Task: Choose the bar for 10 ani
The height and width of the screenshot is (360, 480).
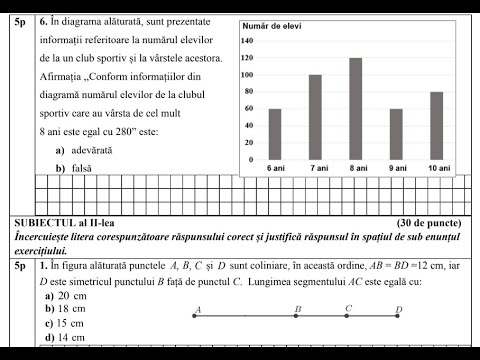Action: pyautogui.click(x=435, y=124)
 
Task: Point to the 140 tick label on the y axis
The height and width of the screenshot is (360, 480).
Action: pyautogui.click(x=248, y=41)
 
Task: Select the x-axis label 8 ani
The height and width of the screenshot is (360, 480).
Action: pyautogui.click(x=355, y=167)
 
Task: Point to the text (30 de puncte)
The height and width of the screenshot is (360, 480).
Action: pyautogui.click(x=428, y=222)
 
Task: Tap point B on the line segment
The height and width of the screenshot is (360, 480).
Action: pyautogui.click(x=297, y=316)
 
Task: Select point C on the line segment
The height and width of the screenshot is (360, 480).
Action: pyautogui.click(x=347, y=316)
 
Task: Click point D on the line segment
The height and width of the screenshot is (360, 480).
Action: pyautogui.click(x=398, y=316)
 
